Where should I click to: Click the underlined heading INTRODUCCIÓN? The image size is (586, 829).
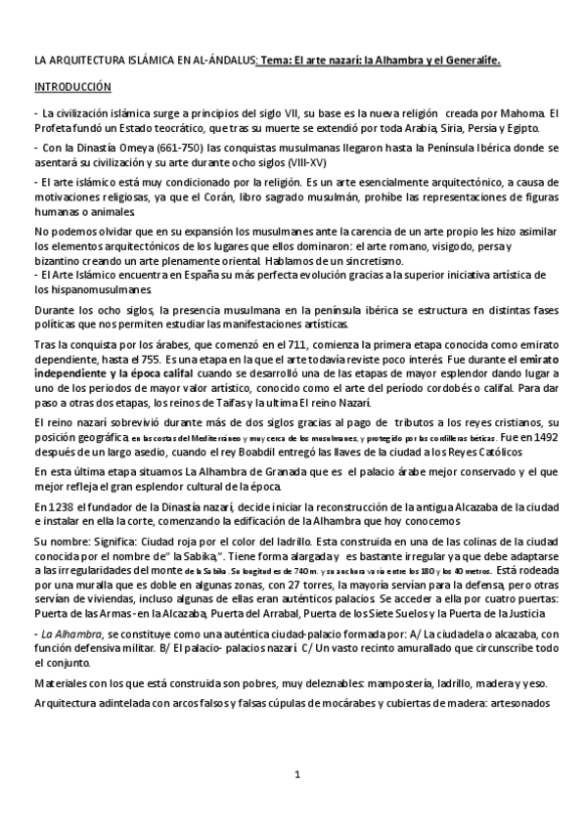tap(72, 86)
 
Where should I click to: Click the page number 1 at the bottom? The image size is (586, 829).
tap(296, 775)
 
